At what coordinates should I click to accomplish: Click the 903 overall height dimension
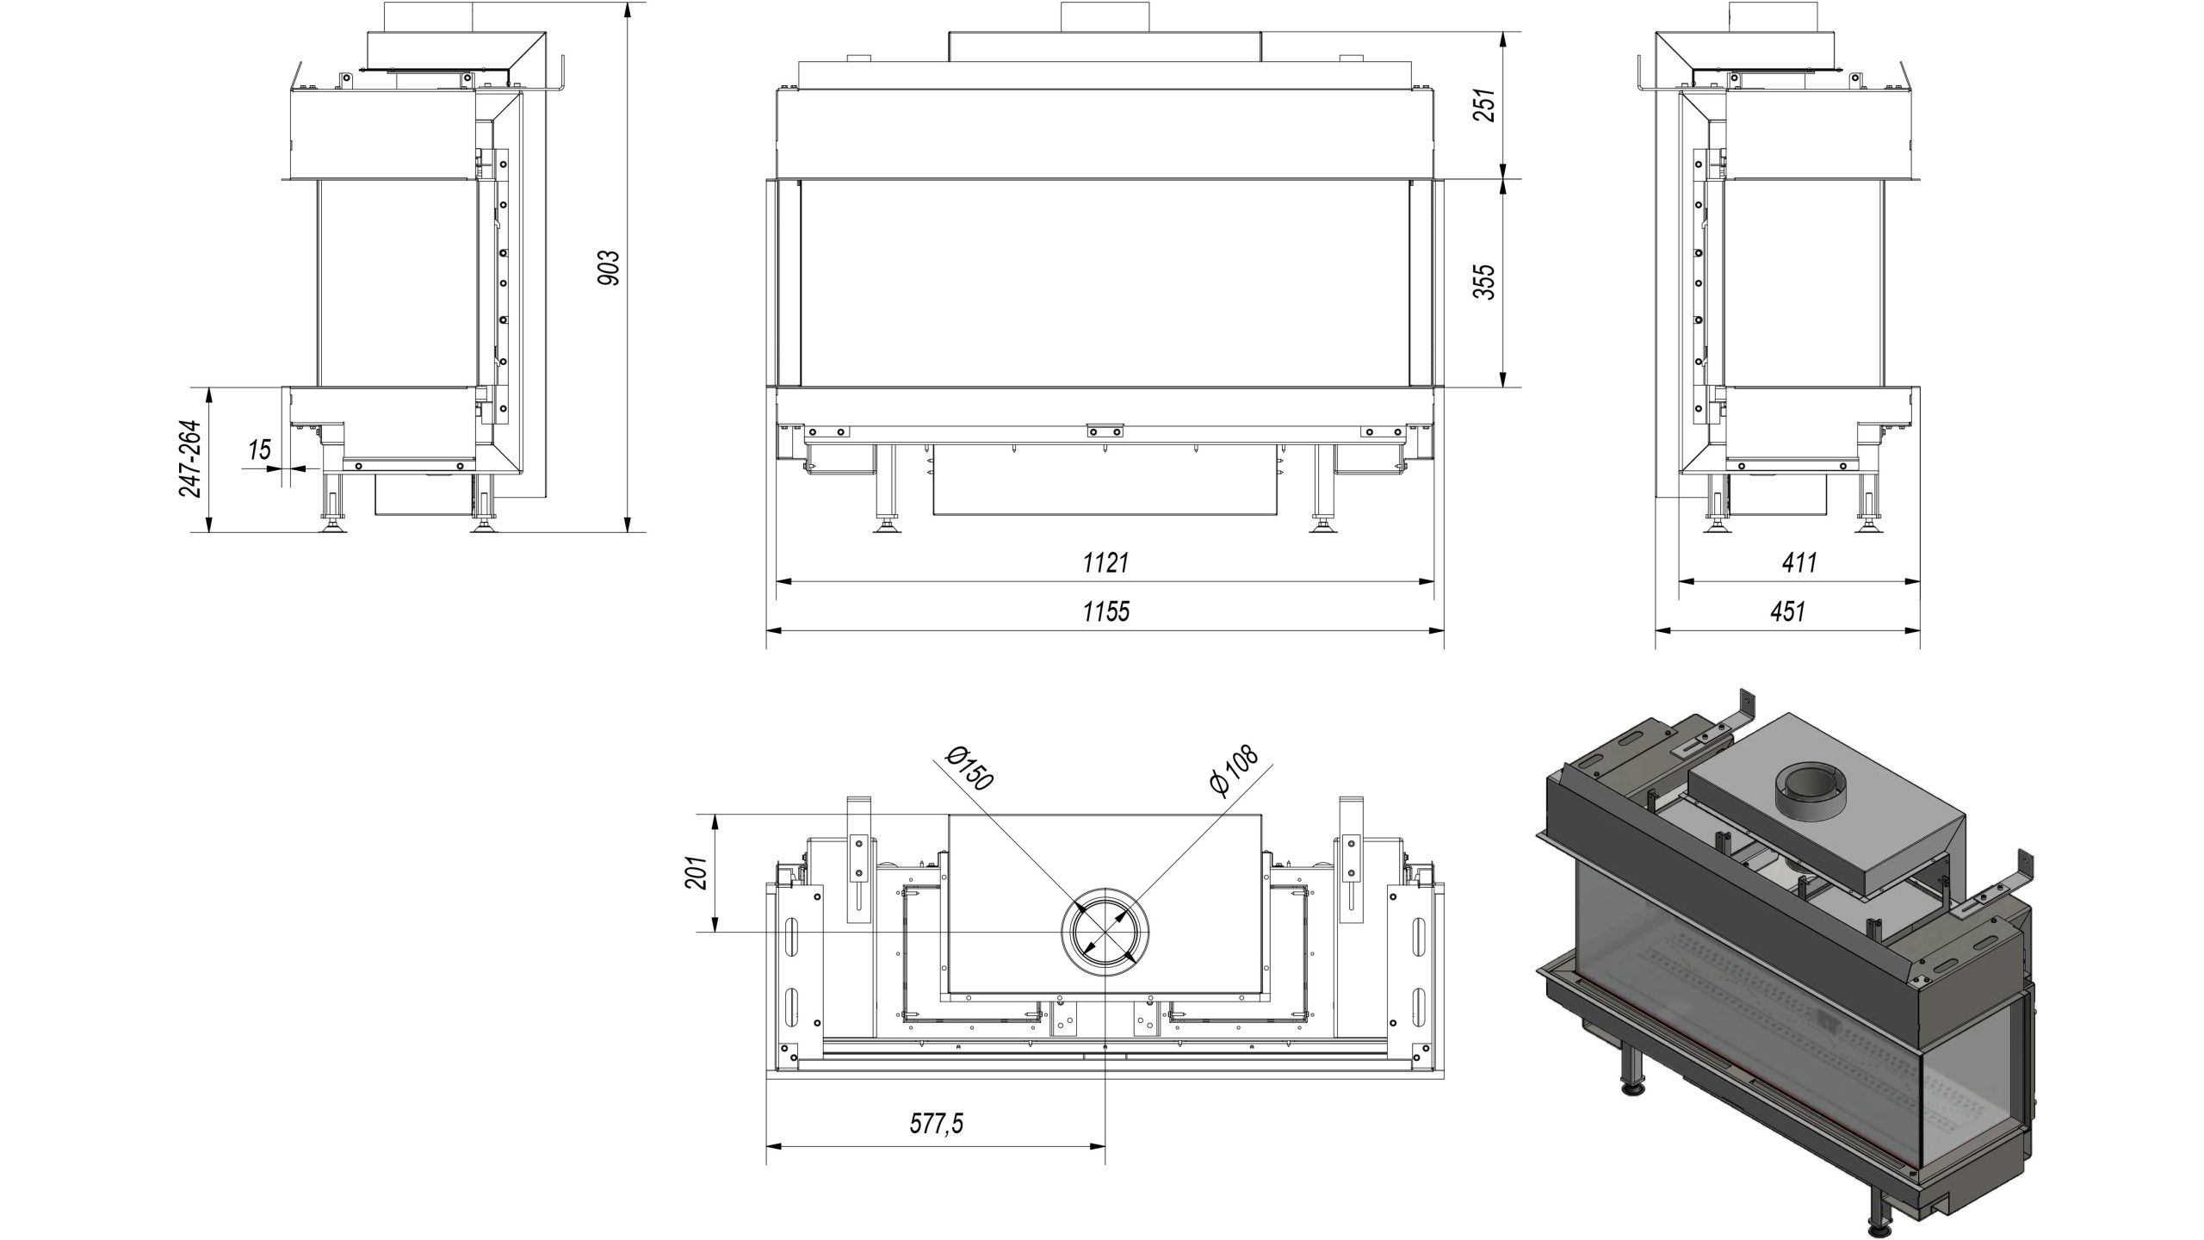click(609, 268)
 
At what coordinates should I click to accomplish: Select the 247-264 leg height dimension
click(190, 458)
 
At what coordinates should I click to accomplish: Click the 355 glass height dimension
click(1483, 282)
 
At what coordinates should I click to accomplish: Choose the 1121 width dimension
click(1105, 563)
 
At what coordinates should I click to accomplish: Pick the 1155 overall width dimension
click(1105, 612)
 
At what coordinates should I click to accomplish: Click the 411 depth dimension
click(1800, 563)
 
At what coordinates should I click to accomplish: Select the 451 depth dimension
click(1788, 612)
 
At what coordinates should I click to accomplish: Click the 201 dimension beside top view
click(696, 873)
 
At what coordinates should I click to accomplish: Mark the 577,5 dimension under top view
click(937, 1124)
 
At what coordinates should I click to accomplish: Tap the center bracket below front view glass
click(1105, 431)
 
